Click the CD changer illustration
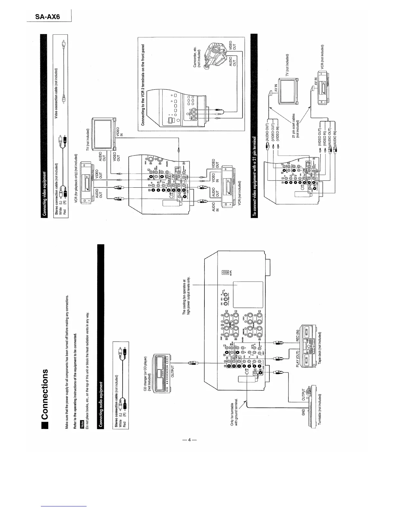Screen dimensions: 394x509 pyautogui.click(x=163, y=373)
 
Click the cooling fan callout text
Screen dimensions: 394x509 pyautogui.click(x=186, y=295)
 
